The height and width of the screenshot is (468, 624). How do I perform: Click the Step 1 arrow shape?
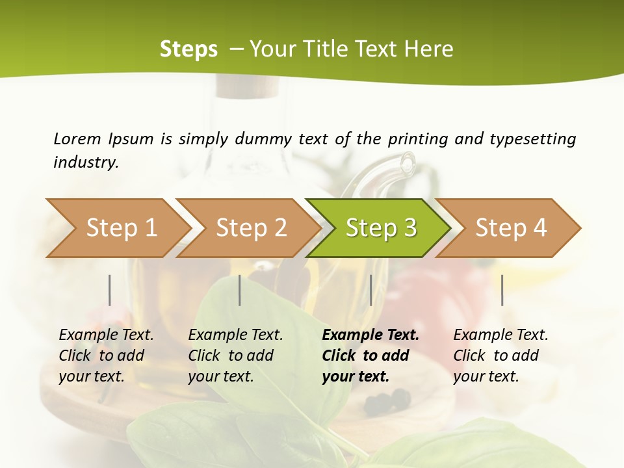pyautogui.click(x=117, y=228)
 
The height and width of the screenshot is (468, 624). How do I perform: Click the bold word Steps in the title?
pyautogui.click(x=188, y=49)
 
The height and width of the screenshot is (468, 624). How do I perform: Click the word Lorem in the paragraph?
pyautogui.click(x=77, y=138)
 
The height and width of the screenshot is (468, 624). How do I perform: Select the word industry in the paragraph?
pyautogui.click(x=85, y=162)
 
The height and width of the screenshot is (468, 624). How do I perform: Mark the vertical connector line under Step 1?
pyautogui.click(x=110, y=290)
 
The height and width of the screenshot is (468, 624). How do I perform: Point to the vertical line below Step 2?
pyautogui.click(x=240, y=290)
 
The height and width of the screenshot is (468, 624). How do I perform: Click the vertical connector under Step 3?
pyautogui.click(x=370, y=290)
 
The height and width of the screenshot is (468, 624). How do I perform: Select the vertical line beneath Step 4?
pyautogui.click(x=502, y=290)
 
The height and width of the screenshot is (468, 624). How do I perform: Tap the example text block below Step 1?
pyautogui.click(x=106, y=356)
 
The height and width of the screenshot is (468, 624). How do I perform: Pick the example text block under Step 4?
pyautogui.click(x=500, y=356)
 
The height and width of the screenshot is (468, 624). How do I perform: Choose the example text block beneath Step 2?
pyautogui.click(x=235, y=356)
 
